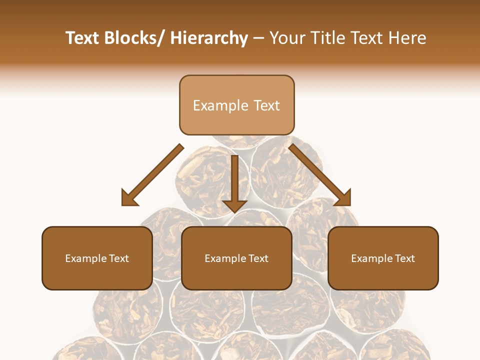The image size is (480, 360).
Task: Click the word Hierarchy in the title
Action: coord(209,38)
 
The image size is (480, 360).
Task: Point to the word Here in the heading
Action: coord(408,38)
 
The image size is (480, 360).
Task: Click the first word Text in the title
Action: coord(82,38)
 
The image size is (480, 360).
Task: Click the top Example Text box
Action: coord(236,105)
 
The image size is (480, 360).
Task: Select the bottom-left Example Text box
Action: coord(97,258)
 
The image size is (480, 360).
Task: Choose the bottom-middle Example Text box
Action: coord(236,258)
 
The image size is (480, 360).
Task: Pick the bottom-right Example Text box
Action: coord(383,258)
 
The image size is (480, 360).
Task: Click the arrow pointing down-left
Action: coord(153,174)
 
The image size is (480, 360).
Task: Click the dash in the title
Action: coord(258,38)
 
